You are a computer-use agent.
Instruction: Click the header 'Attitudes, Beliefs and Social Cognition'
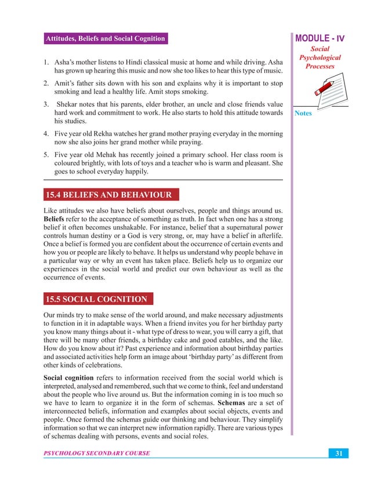pos(105,39)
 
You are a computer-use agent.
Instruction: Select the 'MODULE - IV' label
pos(321,39)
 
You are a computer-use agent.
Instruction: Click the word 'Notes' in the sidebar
pos(303,113)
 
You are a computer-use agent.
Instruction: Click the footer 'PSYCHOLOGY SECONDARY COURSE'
pos(97,452)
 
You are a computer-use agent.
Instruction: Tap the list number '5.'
pos(48,155)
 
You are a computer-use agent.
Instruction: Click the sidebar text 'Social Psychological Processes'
pos(320,59)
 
